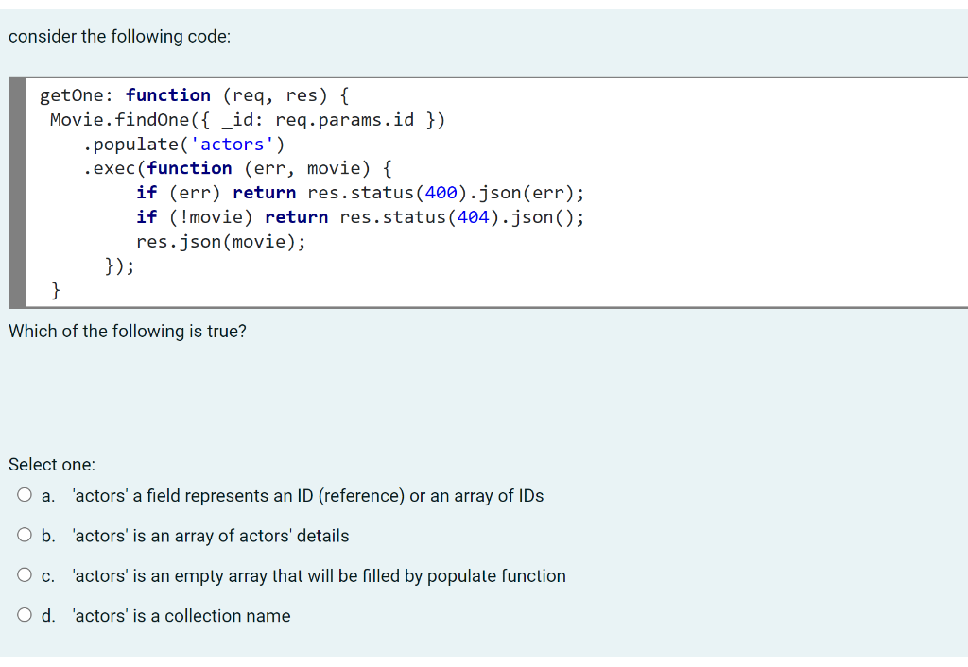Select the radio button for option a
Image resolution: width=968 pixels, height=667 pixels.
(x=23, y=496)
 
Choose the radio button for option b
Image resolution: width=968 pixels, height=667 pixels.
(x=23, y=536)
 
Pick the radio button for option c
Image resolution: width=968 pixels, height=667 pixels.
(x=23, y=575)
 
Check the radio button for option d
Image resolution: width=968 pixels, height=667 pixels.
(x=23, y=615)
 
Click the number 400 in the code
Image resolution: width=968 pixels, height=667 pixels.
(x=441, y=193)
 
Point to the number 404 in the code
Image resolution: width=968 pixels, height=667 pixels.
(x=474, y=217)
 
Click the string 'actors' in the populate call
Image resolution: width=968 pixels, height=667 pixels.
(x=233, y=145)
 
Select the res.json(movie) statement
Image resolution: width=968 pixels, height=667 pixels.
(x=221, y=242)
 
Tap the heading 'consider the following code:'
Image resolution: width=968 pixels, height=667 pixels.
(x=119, y=37)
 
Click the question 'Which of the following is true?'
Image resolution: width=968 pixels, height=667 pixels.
(x=128, y=332)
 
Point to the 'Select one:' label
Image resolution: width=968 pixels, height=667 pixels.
(x=52, y=465)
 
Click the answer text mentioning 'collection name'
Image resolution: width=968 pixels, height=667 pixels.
(x=181, y=616)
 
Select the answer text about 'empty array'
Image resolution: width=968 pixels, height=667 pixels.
(x=320, y=576)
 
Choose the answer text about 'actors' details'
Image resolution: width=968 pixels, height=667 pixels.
(x=211, y=537)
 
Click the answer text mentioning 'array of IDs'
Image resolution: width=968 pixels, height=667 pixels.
(x=308, y=496)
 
